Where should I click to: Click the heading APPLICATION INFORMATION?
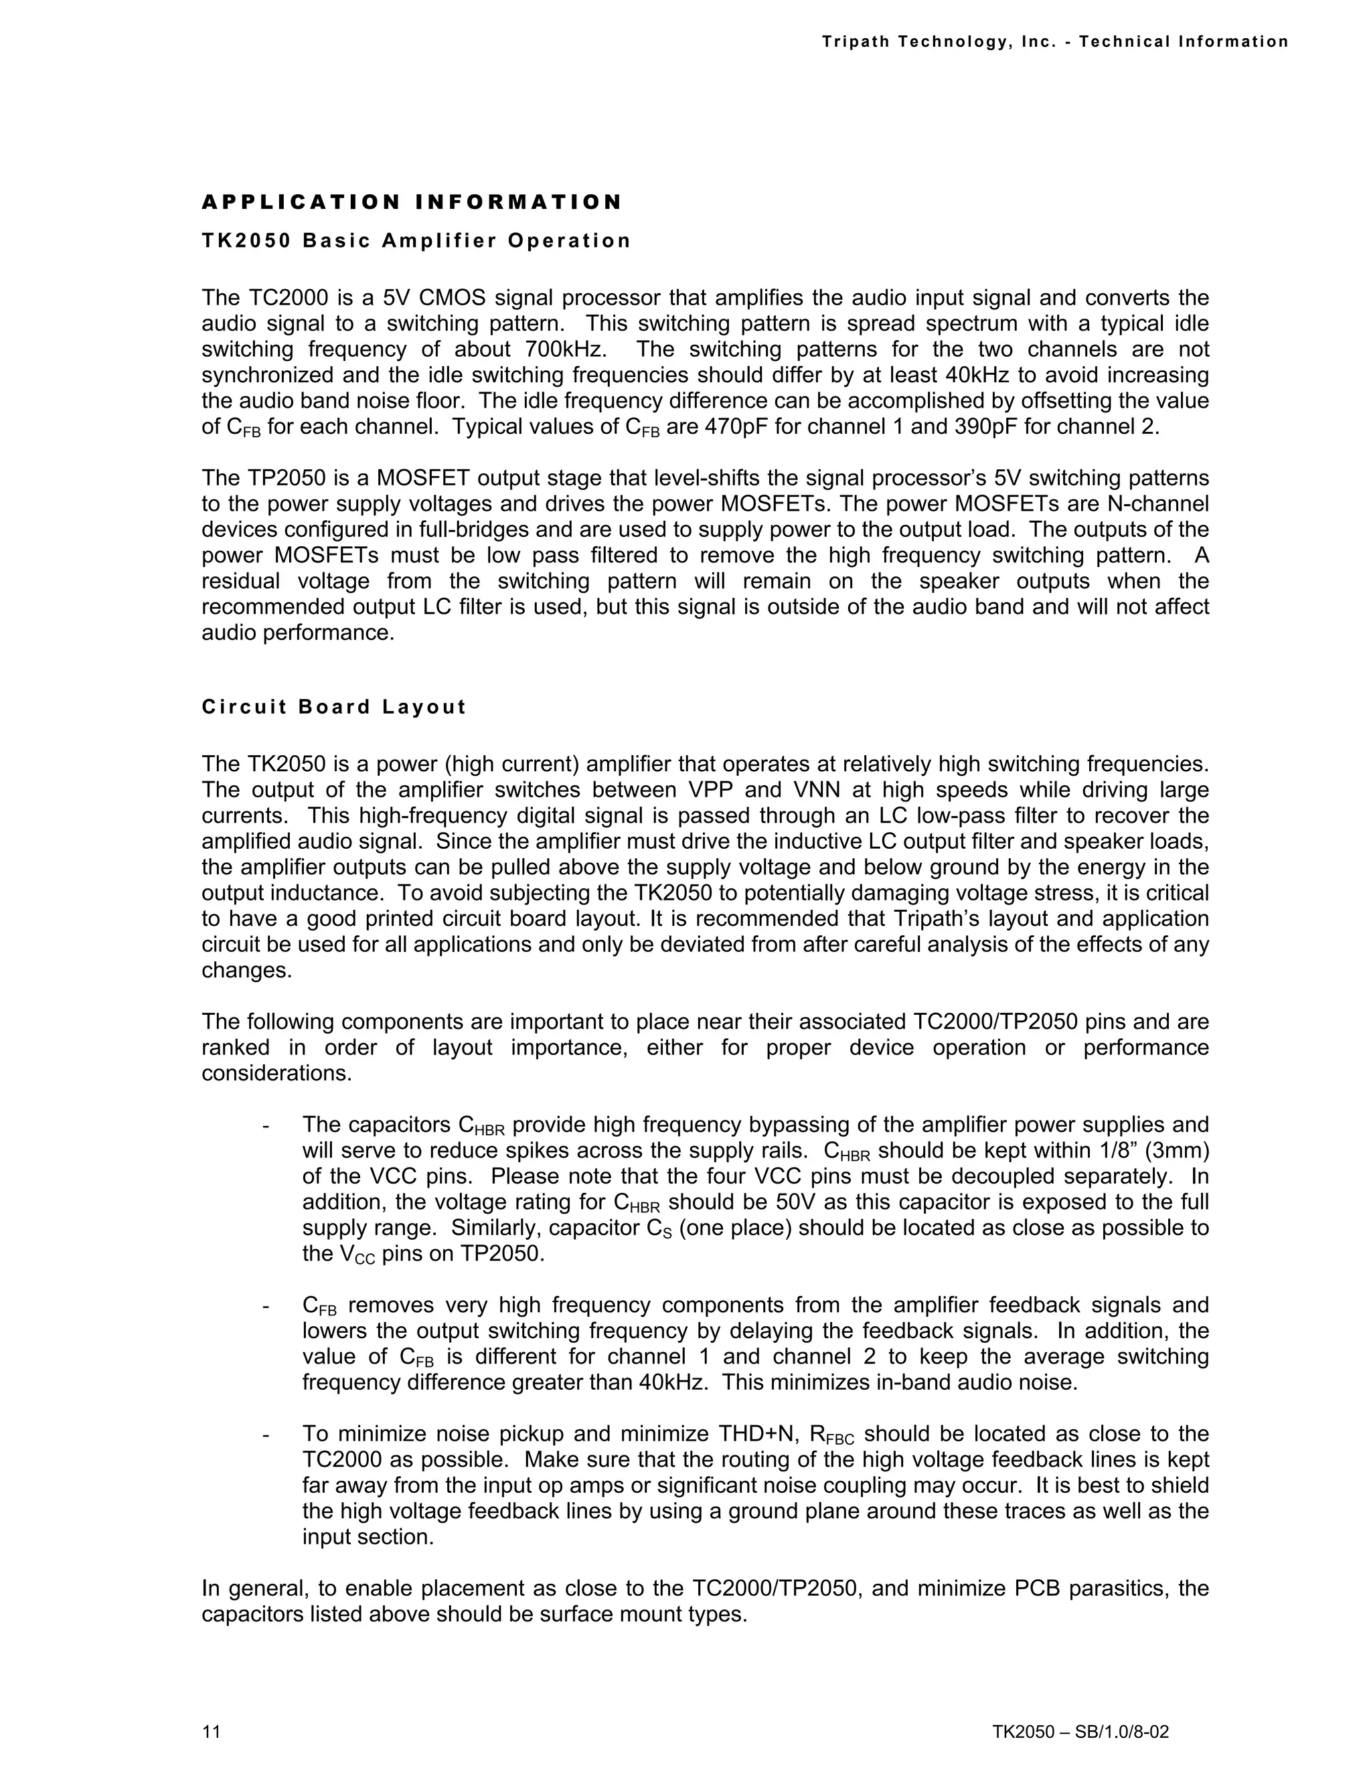click(412, 202)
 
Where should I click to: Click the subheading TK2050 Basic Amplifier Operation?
click(416, 241)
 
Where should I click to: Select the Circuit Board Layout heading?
click(334, 707)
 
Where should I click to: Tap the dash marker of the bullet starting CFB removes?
click(266, 1306)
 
